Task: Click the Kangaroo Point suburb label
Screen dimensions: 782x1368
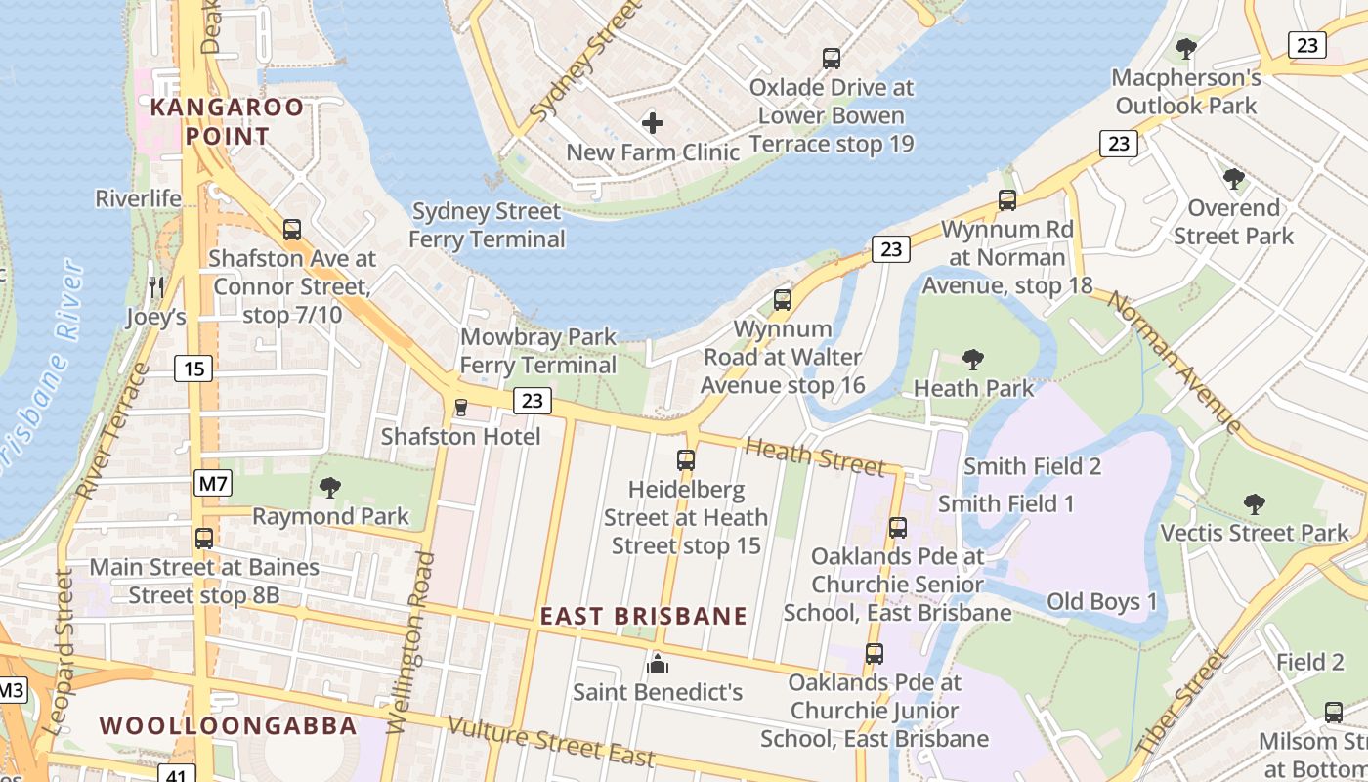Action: pyautogui.click(x=227, y=121)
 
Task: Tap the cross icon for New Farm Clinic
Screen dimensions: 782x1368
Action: pyautogui.click(x=653, y=123)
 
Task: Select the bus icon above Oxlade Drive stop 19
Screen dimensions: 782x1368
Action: pyautogui.click(x=832, y=59)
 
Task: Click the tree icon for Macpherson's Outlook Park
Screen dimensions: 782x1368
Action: pyautogui.click(x=1186, y=48)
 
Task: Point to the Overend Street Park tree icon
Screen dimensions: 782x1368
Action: pyautogui.click(x=1234, y=179)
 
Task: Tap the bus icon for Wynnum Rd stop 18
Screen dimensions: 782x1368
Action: pyautogui.click(x=1007, y=200)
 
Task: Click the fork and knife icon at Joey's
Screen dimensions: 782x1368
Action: pyautogui.click(x=155, y=286)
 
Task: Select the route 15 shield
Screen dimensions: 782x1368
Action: pyautogui.click(x=193, y=369)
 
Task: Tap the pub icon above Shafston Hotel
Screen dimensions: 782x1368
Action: pyautogui.click(x=461, y=407)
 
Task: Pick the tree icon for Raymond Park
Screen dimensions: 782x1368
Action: pyautogui.click(x=330, y=487)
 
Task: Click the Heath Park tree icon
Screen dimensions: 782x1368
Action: pyautogui.click(x=973, y=360)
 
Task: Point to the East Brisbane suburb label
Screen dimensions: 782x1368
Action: pyautogui.click(x=644, y=617)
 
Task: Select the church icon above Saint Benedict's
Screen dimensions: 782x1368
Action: pyautogui.click(x=658, y=664)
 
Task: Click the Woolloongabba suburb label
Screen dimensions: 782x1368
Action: pyautogui.click(x=229, y=725)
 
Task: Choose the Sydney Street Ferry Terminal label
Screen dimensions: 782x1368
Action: pyautogui.click(x=487, y=225)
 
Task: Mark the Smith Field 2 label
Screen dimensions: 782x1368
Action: pyautogui.click(x=1033, y=466)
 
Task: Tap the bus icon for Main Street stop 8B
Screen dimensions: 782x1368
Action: pyautogui.click(x=204, y=539)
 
